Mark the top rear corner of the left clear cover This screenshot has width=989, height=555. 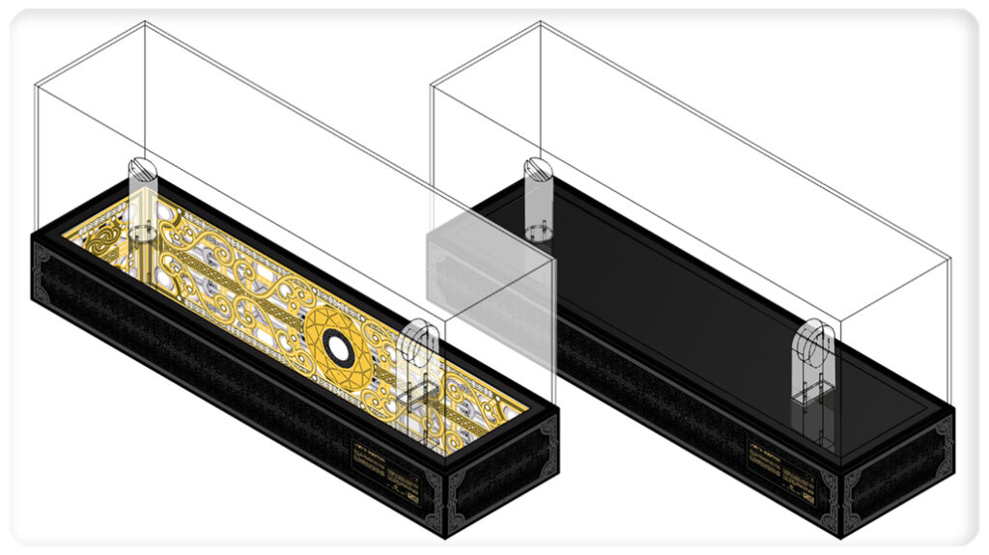click(144, 22)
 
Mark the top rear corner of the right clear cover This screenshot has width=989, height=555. click(540, 22)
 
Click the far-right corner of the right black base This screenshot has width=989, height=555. click(954, 409)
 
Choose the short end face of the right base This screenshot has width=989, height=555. click(898, 470)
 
